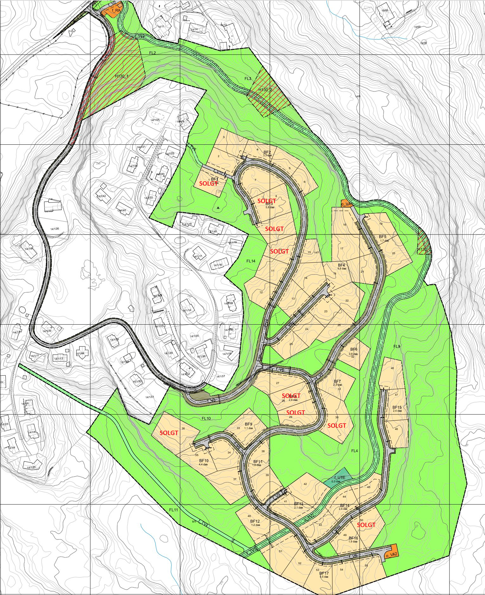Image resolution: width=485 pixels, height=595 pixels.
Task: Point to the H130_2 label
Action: (x=265, y=90)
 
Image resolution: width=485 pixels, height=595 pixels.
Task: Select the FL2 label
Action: (x=152, y=53)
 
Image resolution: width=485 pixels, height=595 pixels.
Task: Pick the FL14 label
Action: (x=251, y=261)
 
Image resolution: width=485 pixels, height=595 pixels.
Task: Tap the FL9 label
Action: (x=397, y=347)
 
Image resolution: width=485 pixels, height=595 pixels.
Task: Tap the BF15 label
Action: (x=397, y=407)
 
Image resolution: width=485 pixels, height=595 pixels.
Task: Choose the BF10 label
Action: (x=204, y=461)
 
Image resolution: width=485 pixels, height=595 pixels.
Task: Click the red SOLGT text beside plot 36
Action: (x=169, y=433)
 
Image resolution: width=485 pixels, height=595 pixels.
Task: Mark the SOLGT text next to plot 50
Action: (x=366, y=525)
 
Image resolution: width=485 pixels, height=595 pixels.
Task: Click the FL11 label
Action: (x=173, y=510)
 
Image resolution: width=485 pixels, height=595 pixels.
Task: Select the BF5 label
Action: (x=383, y=237)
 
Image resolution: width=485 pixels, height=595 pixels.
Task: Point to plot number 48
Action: (x=392, y=368)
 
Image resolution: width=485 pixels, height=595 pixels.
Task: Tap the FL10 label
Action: (x=206, y=419)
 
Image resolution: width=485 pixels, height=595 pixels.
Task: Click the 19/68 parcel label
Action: (x=385, y=10)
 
